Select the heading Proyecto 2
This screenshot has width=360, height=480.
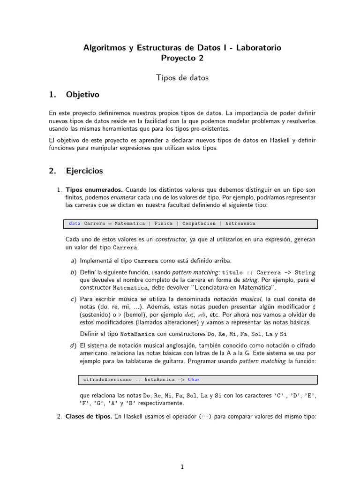(182, 59)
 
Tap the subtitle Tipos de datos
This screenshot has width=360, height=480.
(182, 78)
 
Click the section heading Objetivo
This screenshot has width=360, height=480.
(82, 95)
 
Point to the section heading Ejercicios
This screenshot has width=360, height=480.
(84, 171)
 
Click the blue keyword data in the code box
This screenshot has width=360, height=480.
(75, 224)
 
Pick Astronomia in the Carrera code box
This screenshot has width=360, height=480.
(240, 224)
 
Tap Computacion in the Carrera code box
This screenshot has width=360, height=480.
(199, 224)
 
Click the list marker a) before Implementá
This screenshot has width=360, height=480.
(73, 261)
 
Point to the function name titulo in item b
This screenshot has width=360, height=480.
(233, 272)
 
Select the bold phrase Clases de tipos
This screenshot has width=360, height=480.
(89, 416)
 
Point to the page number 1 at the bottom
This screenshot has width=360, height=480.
(182, 466)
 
